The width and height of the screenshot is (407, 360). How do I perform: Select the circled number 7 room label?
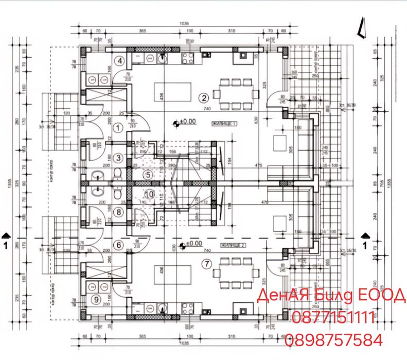click(x=207, y=264)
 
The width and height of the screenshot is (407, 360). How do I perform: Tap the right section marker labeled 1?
click(x=366, y=238)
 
